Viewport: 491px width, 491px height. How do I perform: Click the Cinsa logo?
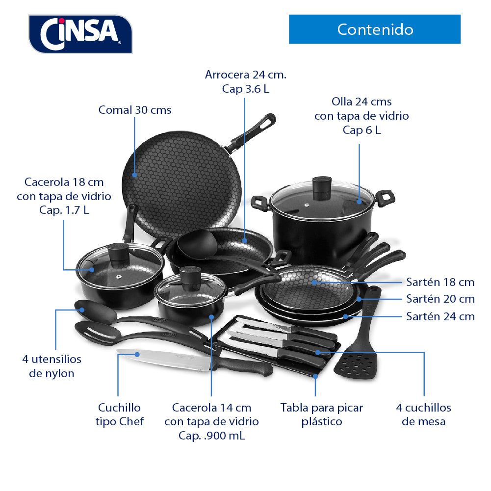(80, 34)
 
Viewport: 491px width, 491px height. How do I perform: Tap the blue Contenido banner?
(375, 29)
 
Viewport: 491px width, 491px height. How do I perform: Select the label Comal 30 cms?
(135, 110)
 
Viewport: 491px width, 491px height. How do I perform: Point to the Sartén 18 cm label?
(440, 282)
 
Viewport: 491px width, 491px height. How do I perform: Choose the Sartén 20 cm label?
(440, 299)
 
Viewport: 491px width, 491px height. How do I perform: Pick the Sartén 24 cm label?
(440, 316)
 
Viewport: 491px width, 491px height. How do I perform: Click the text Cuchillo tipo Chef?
(120, 414)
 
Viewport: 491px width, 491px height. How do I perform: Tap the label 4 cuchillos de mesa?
(424, 414)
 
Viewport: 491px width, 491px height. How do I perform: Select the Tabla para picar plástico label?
(322, 414)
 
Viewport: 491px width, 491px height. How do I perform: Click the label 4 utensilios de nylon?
(52, 366)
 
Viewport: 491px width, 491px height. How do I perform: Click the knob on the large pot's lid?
(322, 188)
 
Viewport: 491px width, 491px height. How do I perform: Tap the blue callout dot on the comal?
(135, 175)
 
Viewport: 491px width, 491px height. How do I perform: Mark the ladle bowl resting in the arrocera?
(197, 244)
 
